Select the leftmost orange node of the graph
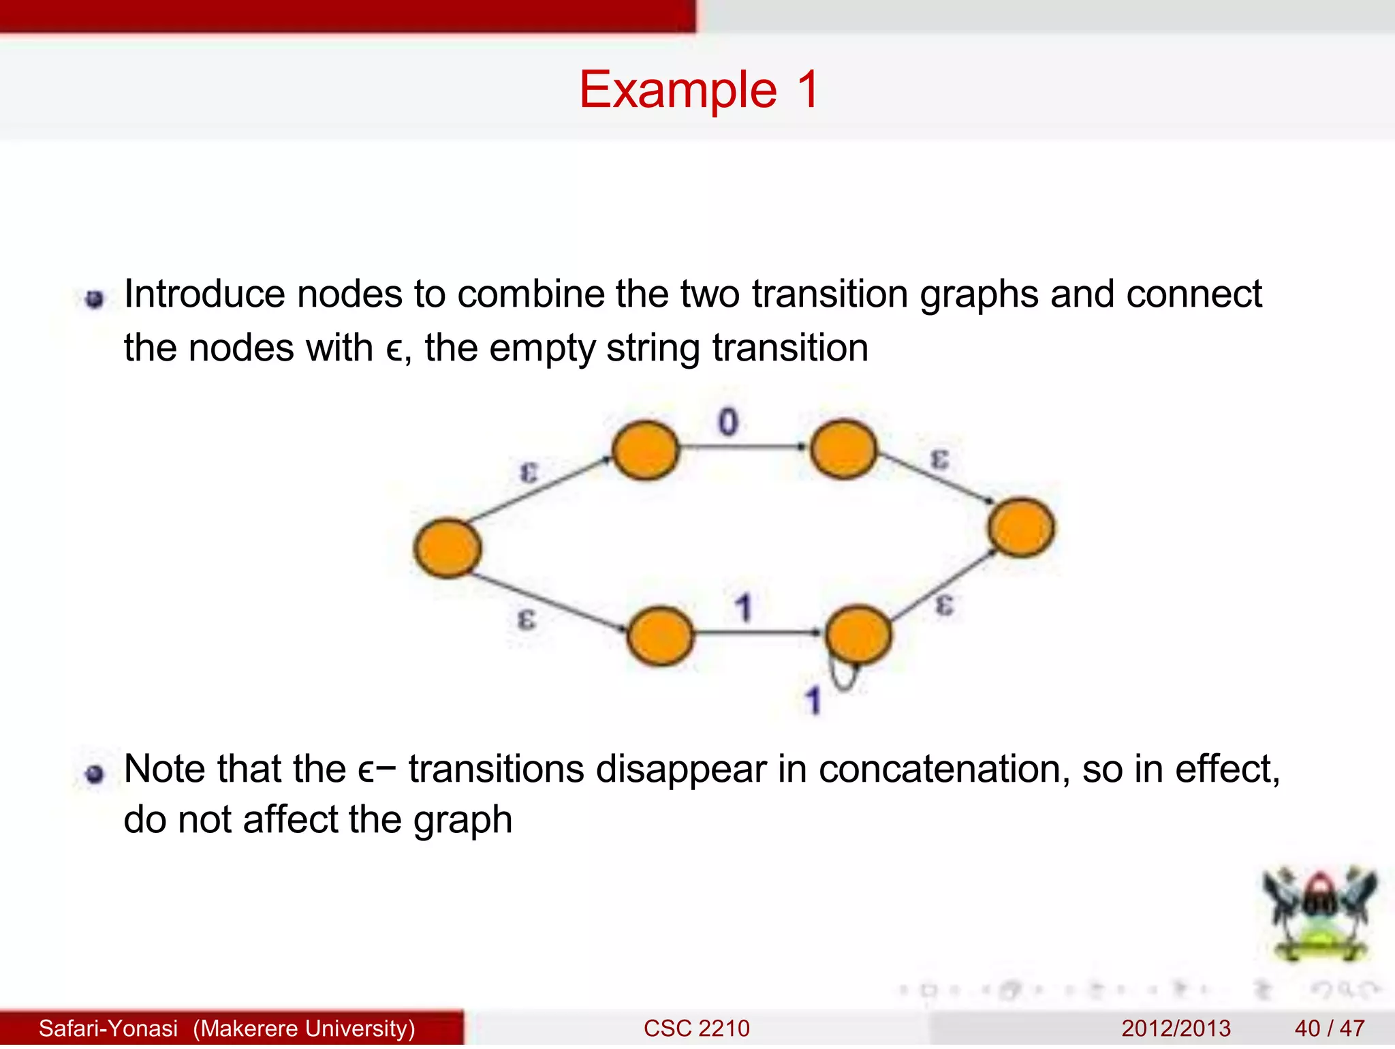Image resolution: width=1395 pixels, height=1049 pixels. pos(448,548)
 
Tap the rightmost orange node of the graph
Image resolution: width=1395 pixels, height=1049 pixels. pos(1020,528)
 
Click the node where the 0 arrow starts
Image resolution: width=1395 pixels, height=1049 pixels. pos(645,450)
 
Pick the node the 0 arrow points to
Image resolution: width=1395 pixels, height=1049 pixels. pos(843,449)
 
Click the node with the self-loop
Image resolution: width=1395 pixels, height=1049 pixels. pos(858,635)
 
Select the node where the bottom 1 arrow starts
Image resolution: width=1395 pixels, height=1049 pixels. pos(660,635)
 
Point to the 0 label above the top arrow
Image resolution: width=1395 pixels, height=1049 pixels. pos(727,422)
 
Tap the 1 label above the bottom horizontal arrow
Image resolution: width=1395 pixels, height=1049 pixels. pos(743,607)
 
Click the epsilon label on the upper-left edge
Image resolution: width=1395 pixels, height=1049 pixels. pos(529,472)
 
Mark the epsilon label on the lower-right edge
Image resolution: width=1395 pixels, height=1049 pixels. pos(944,604)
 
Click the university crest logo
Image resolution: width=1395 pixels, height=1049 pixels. pos(1319,914)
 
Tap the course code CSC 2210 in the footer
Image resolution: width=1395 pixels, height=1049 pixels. pos(696,1028)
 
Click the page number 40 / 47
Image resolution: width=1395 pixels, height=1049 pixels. pos(1329,1028)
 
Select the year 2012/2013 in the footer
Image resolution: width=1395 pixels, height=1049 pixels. pos(1176,1028)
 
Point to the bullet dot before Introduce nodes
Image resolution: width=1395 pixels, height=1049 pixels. pos(95,299)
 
